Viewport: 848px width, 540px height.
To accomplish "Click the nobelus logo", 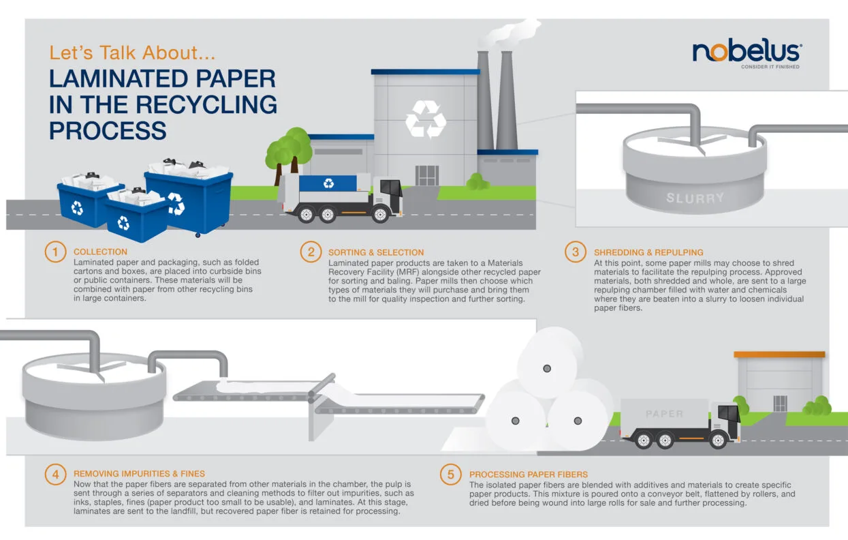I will pyautogui.click(x=747, y=52).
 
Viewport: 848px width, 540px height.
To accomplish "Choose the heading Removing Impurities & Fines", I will pyautogui.click(x=139, y=473).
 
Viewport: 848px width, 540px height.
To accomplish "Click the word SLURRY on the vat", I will pyautogui.click(x=694, y=198).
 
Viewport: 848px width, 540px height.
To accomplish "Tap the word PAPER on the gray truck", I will pyautogui.click(x=664, y=414).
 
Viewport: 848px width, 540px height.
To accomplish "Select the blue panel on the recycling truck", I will pyautogui.click(x=330, y=183).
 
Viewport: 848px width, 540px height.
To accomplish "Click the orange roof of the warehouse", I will pyautogui.click(x=779, y=355).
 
